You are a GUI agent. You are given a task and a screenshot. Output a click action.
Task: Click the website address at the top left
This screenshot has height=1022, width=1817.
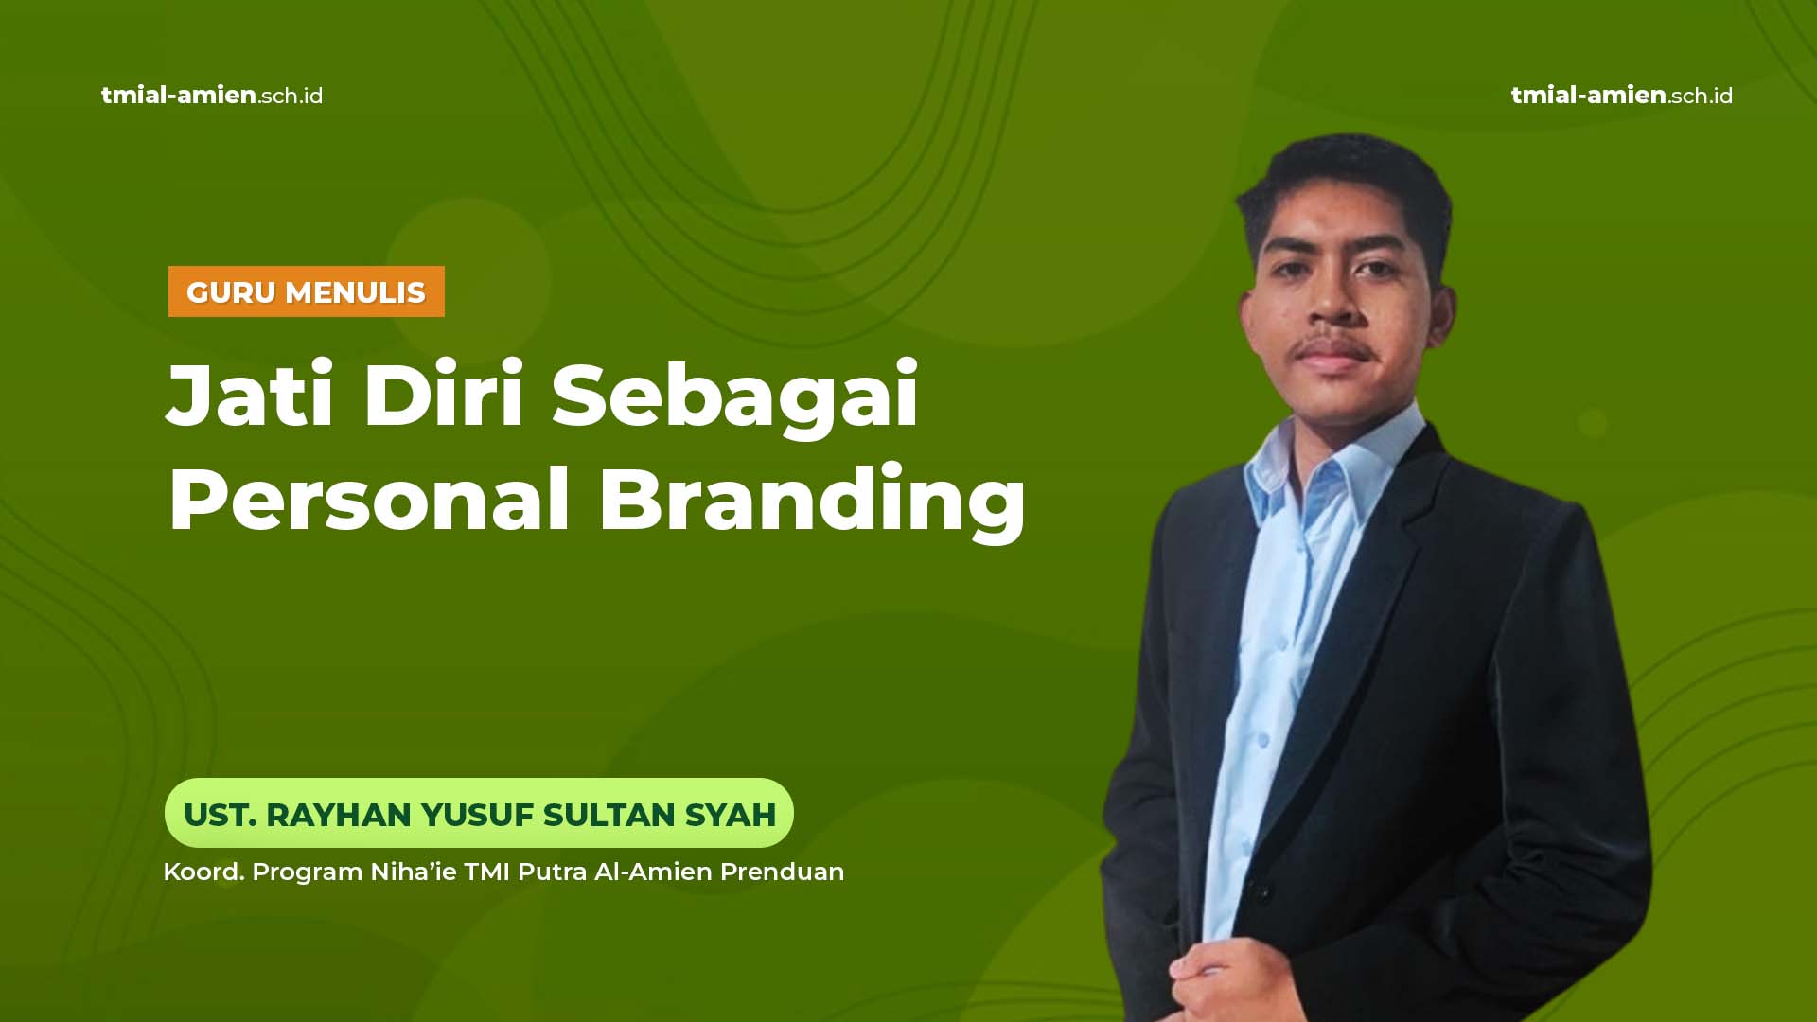212,96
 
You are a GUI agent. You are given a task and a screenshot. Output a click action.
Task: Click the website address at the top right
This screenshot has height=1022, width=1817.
1621,96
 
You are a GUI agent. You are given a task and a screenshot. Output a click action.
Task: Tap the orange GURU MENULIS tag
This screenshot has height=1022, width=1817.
307,291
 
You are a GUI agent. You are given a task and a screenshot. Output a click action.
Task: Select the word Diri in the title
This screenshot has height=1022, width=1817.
444,394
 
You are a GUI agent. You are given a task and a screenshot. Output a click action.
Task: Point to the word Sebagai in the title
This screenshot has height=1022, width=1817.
735,397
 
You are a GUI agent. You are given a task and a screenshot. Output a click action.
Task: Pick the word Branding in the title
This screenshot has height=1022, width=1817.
812,502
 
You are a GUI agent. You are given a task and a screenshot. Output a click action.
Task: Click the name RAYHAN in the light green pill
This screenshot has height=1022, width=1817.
338,815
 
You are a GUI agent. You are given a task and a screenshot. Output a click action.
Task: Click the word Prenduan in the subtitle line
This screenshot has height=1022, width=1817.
783,872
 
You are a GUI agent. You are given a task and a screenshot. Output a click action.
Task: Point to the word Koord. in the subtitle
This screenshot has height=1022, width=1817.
203,872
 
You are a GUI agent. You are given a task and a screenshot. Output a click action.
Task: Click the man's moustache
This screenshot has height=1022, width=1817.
1334,346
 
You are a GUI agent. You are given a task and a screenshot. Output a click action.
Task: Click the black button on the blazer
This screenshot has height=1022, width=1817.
1260,890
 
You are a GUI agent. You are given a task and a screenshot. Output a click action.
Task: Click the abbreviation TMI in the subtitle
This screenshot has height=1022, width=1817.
487,872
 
